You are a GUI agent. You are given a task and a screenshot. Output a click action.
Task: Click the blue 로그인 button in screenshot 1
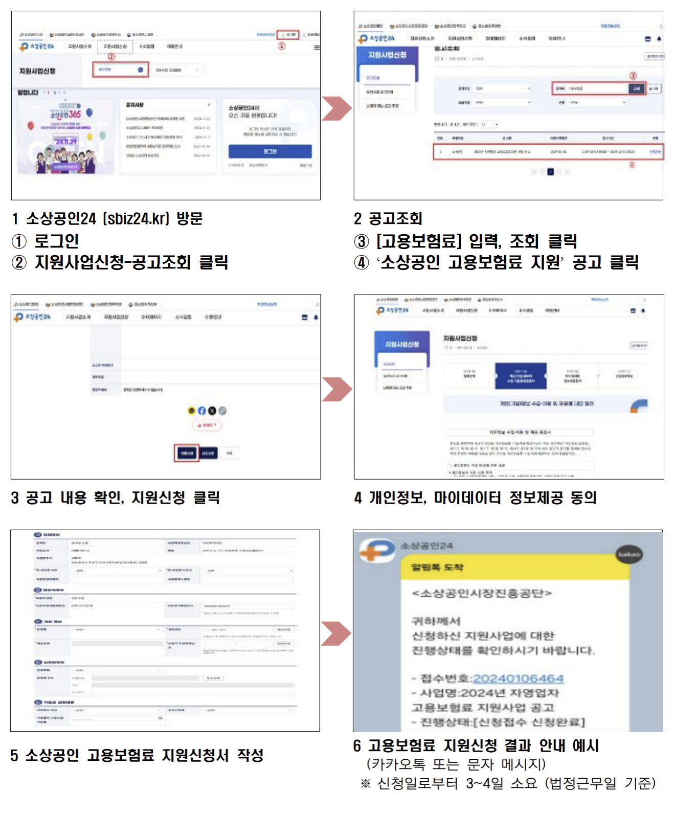click(x=269, y=151)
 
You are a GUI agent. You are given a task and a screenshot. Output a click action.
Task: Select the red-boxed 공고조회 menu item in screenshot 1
click(x=120, y=70)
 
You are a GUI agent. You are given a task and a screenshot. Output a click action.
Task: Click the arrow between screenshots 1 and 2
click(x=336, y=108)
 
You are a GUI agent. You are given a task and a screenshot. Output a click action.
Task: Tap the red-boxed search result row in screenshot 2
click(x=548, y=152)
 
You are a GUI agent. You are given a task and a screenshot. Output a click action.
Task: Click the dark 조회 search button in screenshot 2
click(x=637, y=88)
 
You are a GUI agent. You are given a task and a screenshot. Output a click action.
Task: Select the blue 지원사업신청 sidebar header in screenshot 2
click(x=387, y=55)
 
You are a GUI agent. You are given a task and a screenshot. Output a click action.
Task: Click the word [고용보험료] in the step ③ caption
click(x=418, y=241)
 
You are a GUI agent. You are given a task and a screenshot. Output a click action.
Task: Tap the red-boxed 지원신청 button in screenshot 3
click(x=187, y=453)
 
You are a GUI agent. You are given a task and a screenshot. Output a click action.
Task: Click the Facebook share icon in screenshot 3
click(x=202, y=411)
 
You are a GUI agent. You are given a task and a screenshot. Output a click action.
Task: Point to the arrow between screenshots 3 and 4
click(x=336, y=389)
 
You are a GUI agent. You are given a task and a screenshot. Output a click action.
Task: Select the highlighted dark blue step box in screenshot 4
click(x=521, y=376)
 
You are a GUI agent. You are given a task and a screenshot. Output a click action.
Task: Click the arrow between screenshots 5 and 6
click(x=336, y=633)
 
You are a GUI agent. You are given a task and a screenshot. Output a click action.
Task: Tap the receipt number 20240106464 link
click(x=517, y=678)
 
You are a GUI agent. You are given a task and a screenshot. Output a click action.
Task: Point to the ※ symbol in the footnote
click(x=365, y=783)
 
